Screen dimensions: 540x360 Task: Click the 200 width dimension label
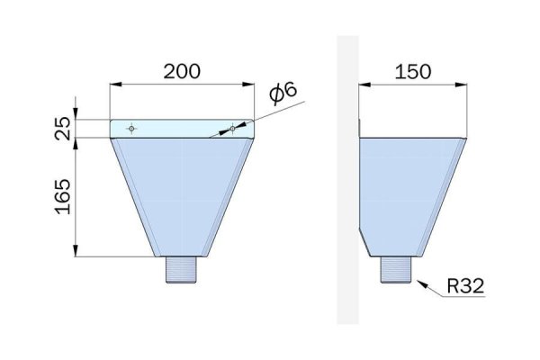pos(182,71)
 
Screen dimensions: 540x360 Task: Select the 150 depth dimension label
pos(412,72)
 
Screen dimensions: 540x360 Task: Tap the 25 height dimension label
pos(63,128)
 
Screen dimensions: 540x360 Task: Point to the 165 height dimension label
pos(63,197)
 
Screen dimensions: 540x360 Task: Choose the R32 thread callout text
pos(465,285)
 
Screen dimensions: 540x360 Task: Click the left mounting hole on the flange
pos(131,129)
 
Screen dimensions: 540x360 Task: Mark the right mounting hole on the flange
pos(233,129)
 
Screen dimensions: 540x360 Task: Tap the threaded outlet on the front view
pos(181,270)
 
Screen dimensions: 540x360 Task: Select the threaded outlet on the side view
pos(396,270)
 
